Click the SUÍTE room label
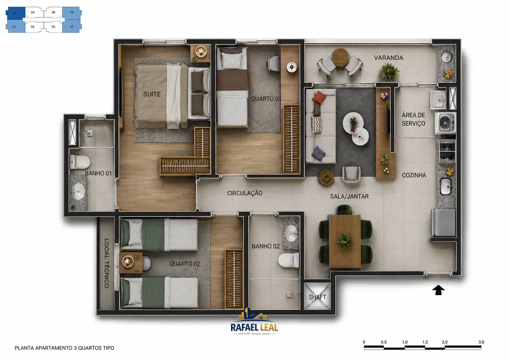[x=152, y=94]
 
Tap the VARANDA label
[x=388, y=58]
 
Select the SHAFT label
[x=317, y=297]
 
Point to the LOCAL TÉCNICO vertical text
[x=107, y=263]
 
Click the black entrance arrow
[x=438, y=290]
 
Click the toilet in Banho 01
[x=80, y=162]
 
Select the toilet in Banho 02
[x=288, y=261]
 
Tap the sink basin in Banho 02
[x=291, y=233]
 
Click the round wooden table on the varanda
[x=340, y=57]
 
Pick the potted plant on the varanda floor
[x=389, y=71]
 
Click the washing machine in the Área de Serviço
[x=446, y=123]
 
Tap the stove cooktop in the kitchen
[x=447, y=151]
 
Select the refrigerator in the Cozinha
[x=443, y=223]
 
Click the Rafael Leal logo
[x=255, y=321]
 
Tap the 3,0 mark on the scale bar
[x=481, y=342]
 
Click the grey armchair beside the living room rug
[x=351, y=174]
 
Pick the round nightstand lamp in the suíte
[x=201, y=52]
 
